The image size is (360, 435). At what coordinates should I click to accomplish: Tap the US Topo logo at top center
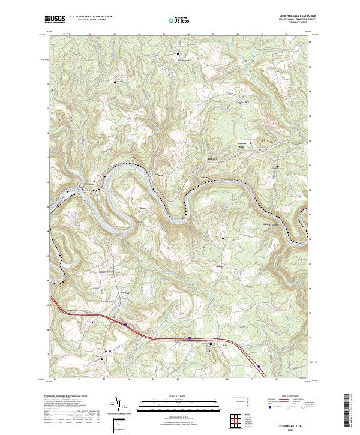click(x=177, y=19)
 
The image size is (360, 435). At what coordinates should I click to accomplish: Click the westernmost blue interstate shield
click(x=125, y=325)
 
